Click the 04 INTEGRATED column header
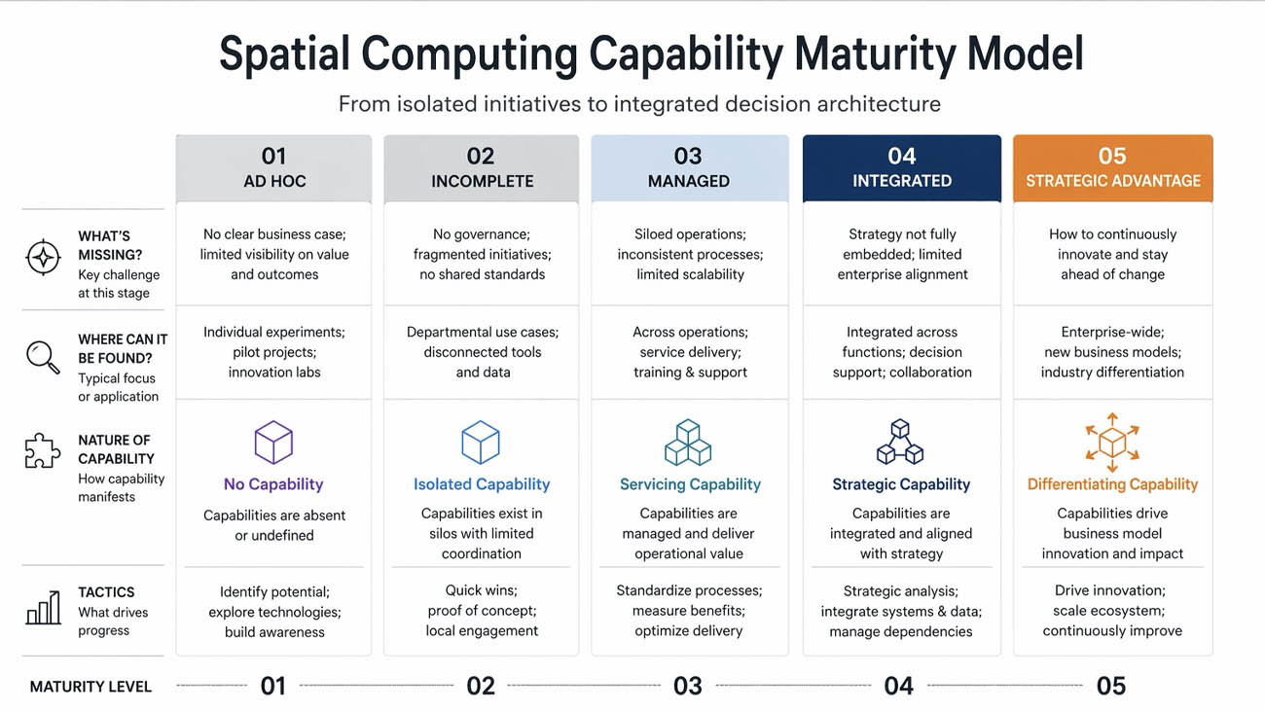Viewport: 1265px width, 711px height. (901, 168)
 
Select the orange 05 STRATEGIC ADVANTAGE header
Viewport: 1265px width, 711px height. (1112, 168)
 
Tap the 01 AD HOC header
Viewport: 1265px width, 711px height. (273, 168)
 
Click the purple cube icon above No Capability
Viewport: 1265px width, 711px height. (273, 443)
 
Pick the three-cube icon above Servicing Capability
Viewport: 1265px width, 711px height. (688, 443)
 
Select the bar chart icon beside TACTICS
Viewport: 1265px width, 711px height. (43, 609)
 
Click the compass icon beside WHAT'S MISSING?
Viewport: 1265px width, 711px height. (43, 258)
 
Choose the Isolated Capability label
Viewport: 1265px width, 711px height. (482, 484)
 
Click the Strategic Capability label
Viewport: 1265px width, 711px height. (901, 484)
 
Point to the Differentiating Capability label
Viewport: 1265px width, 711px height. (1112, 484)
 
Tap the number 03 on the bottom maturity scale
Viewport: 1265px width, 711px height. (687, 686)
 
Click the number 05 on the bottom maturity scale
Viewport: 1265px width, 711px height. (1110, 686)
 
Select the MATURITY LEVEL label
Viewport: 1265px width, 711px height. (90, 687)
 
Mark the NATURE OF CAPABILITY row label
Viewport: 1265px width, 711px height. (116, 449)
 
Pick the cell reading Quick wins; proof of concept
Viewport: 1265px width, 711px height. (482, 611)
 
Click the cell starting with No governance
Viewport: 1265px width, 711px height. (482, 254)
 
